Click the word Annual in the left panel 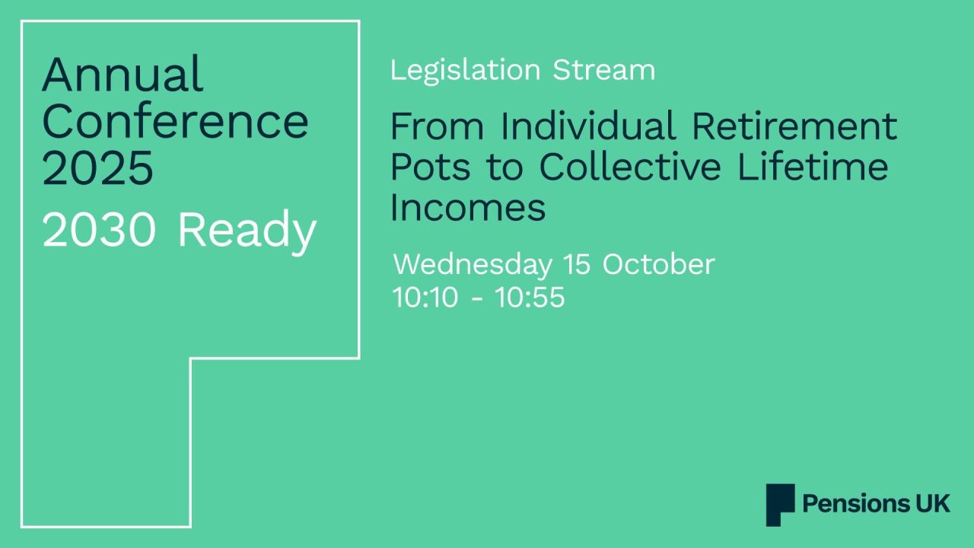123,75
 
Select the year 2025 97,168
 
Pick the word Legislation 465,70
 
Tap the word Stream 603,70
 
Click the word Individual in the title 588,126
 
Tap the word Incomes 467,207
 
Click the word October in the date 658,265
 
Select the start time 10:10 425,297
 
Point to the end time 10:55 530,297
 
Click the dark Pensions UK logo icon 780,505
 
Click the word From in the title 437,126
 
